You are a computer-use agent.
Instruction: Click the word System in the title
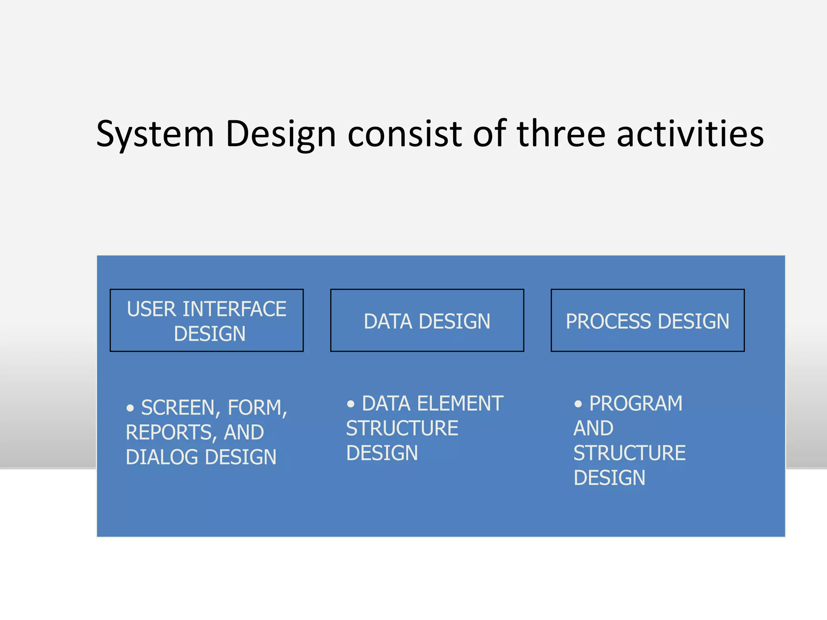(155, 134)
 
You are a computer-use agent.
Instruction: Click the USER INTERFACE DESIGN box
(206, 320)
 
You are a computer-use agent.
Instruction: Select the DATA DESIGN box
(427, 320)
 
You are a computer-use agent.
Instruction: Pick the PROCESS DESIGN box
(647, 320)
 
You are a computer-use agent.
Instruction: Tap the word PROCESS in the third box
(608, 322)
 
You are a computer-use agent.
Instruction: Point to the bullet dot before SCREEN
(130, 408)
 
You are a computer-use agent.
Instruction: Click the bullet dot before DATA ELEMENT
(351, 404)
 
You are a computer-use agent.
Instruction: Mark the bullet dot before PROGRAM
(578, 404)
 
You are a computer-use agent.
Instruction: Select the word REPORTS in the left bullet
(169, 432)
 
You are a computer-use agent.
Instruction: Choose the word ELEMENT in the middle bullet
(460, 404)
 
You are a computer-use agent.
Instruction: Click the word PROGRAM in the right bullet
(636, 404)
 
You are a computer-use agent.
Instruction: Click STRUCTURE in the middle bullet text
(402, 428)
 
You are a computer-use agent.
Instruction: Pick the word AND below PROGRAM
(593, 428)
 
